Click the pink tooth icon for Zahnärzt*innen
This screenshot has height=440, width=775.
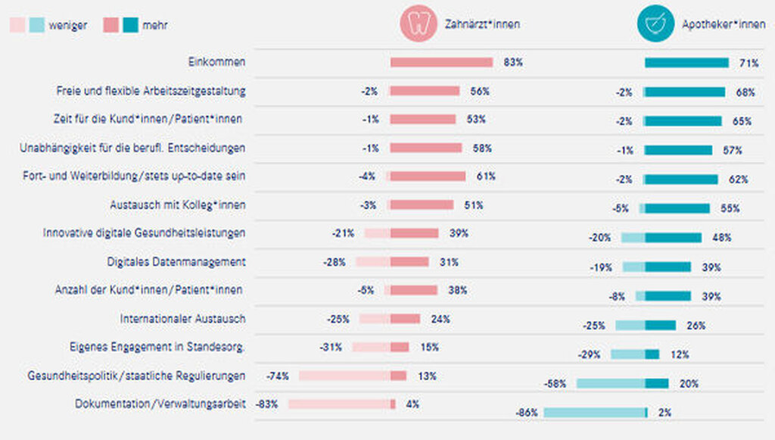[419, 24]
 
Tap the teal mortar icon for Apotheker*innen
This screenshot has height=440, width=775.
[655, 24]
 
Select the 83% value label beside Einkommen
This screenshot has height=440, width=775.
[513, 63]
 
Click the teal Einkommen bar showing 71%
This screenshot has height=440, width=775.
[686, 63]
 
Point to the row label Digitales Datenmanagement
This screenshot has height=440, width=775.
[176, 262]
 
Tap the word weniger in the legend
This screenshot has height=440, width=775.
[68, 26]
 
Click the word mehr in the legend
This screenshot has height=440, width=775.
[155, 26]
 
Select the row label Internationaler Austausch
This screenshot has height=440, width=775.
[182, 319]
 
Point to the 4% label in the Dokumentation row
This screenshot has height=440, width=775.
[412, 404]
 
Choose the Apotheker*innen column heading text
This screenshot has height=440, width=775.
[724, 24]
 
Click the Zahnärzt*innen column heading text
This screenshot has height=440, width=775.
[482, 24]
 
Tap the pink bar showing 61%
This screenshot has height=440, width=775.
[428, 176]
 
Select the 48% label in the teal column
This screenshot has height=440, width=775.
[721, 238]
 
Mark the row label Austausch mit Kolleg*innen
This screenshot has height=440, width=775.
[177, 205]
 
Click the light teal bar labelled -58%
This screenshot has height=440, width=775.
[610, 384]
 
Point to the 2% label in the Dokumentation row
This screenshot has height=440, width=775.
[665, 413]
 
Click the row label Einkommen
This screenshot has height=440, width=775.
[216, 62]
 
